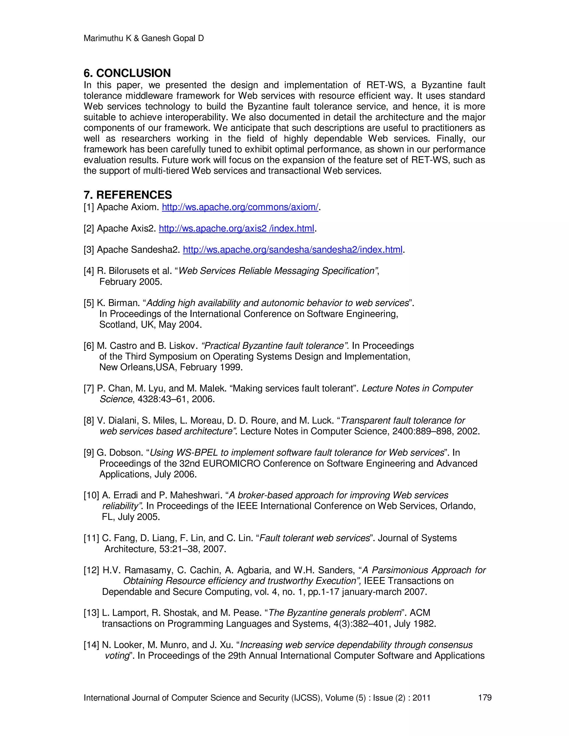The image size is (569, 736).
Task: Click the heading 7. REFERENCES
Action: click(128, 195)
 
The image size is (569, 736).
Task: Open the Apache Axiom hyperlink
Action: click(240, 207)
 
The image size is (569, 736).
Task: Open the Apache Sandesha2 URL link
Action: click(292, 250)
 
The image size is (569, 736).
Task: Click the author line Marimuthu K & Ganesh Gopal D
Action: click(144, 38)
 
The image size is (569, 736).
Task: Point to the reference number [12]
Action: click(91, 570)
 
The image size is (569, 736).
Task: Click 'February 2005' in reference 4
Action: click(131, 282)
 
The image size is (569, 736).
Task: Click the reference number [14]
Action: click(91, 645)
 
